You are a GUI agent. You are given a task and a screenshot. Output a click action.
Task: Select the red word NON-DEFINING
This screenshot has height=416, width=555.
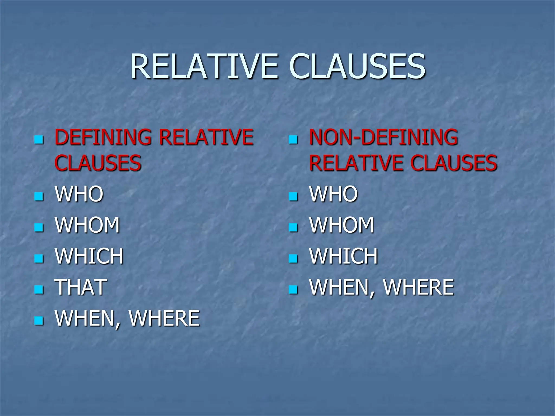pos(383,137)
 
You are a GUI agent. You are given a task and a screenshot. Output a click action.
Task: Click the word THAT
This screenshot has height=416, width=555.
pos(81,287)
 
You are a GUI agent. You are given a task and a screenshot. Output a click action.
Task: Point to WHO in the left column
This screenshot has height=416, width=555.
pos(79,194)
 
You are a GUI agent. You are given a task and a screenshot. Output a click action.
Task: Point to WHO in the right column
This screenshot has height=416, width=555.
pos(334,194)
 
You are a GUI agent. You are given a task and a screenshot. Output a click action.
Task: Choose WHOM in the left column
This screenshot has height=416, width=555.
pos(87,225)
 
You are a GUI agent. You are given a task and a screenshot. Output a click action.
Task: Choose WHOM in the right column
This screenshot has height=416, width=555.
pos(342,225)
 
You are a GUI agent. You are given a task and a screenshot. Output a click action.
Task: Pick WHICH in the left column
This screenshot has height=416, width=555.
pos(89,256)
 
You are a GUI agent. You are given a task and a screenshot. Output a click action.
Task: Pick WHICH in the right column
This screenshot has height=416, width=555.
pos(344,256)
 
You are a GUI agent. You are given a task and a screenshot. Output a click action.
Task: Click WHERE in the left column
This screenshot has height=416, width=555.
pos(164,318)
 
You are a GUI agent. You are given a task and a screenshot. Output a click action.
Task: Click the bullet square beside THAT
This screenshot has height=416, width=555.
pos(39,289)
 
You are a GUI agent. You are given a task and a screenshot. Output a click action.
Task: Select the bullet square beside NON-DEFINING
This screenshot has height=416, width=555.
pos(293,140)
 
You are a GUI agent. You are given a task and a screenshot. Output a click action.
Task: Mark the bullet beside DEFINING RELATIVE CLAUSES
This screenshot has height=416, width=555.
pos(39,140)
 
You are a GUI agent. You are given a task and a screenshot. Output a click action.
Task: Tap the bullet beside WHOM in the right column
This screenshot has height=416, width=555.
pos(293,227)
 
